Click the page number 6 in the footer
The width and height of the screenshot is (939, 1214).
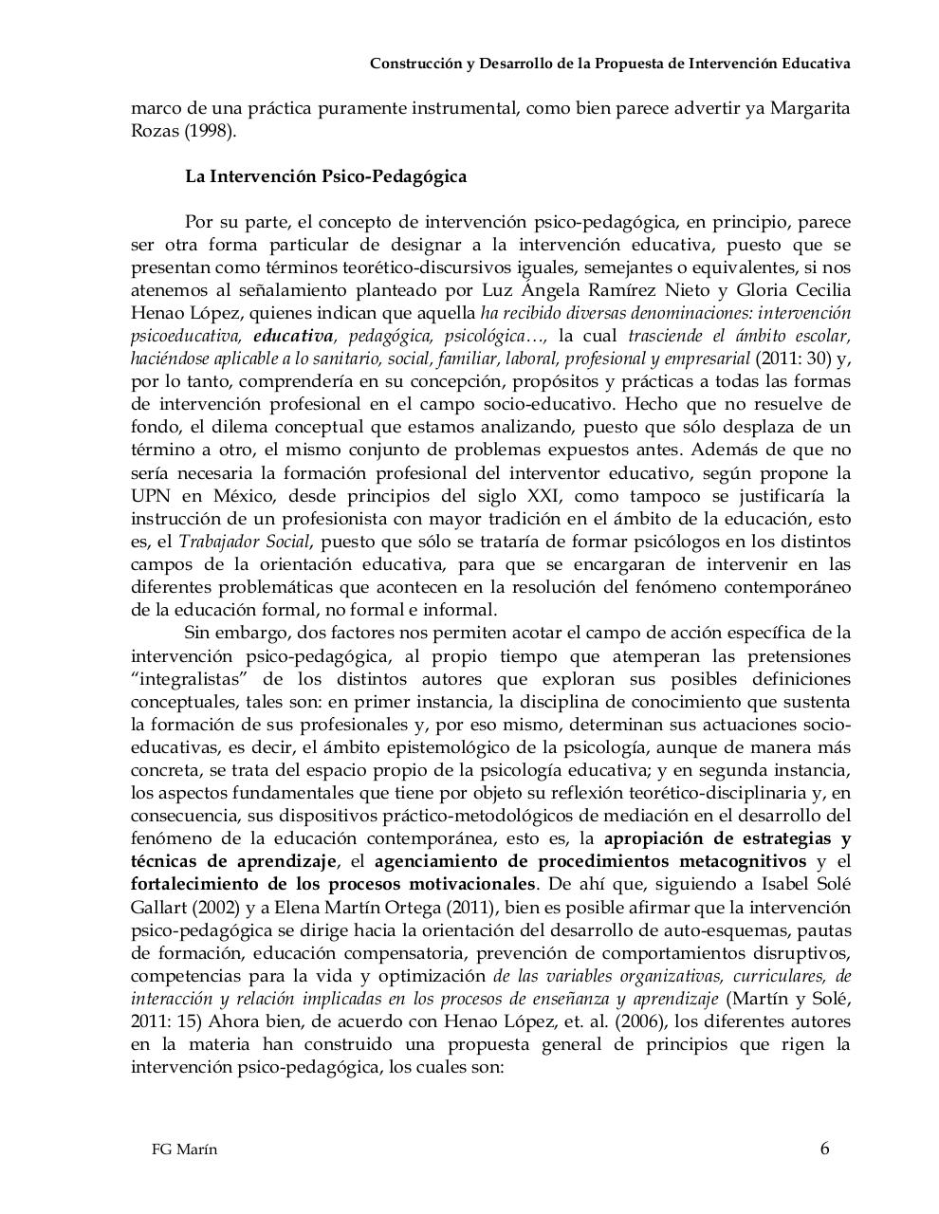point(824,1149)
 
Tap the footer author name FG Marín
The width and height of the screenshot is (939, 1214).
point(184,1150)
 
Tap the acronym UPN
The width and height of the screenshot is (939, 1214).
point(150,496)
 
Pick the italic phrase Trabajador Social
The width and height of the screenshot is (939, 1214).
point(245,542)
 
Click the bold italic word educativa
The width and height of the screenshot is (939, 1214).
point(293,336)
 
